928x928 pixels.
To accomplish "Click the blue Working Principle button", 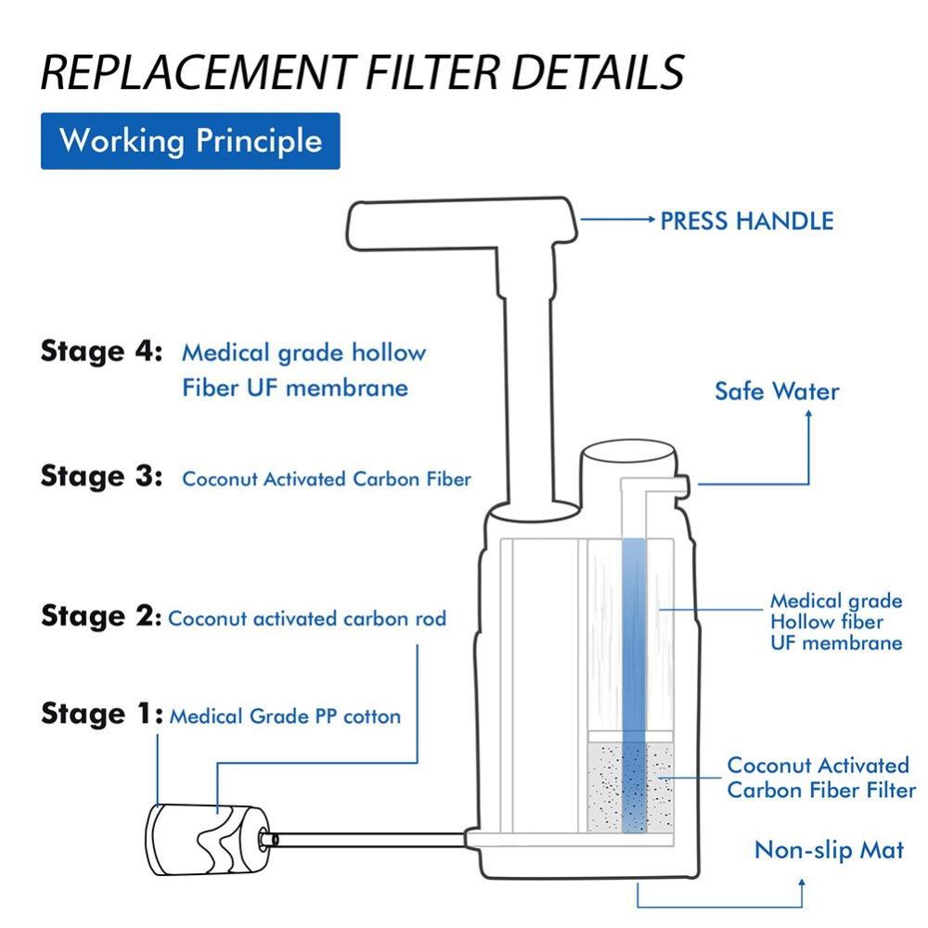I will click(x=190, y=141).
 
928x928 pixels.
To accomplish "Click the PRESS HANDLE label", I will click(x=746, y=221).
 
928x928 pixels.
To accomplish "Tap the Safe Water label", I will click(x=776, y=391).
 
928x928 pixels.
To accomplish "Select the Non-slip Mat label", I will click(x=828, y=849).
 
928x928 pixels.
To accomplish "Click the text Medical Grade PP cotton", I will click(x=285, y=716).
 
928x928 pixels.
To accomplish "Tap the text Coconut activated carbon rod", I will click(x=307, y=618).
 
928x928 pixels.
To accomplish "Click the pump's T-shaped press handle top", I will click(x=455, y=223).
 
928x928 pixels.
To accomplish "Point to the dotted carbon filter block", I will click(x=631, y=784).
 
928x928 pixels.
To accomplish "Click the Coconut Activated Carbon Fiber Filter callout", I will click(x=820, y=778).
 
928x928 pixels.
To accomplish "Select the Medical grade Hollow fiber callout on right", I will click(x=835, y=622).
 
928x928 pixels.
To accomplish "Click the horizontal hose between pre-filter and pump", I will click(x=371, y=839).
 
